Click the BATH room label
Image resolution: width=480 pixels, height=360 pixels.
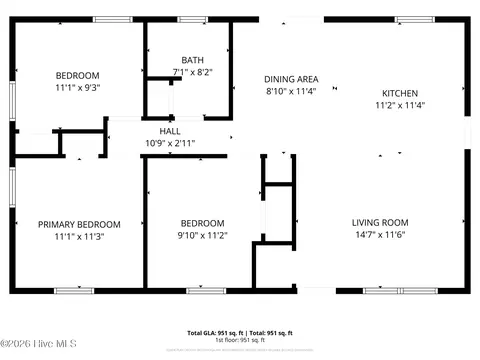[x=192, y=60]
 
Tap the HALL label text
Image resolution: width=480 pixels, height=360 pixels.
[x=170, y=131]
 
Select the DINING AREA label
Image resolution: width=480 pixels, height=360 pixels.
[x=291, y=79]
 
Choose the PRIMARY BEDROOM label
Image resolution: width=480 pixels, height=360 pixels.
[x=79, y=224]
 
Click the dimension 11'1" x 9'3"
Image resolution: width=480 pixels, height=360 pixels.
[x=77, y=88]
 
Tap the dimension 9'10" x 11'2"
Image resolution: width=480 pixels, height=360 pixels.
[x=203, y=236]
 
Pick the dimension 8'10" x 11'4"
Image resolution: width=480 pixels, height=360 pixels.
[x=291, y=91]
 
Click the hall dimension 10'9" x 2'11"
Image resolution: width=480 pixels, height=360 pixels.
[x=170, y=143]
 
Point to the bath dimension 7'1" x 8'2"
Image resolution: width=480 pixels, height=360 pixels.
[x=192, y=72]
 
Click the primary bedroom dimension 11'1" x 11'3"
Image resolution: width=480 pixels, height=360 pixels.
[x=79, y=237]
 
